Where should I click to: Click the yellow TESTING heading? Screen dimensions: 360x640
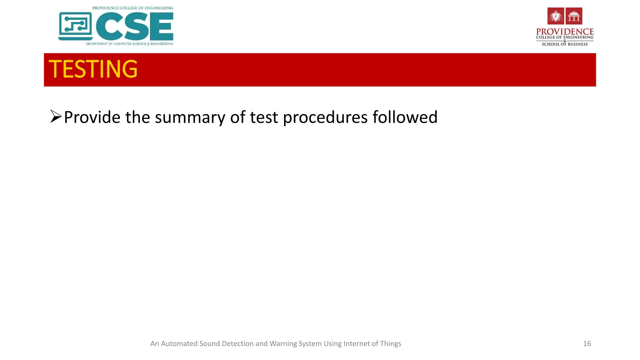pos(93,69)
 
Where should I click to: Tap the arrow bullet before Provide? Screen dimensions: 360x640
pos(56,117)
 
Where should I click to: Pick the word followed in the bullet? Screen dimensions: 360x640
pos(405,117)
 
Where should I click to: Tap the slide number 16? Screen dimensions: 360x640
pos(587,344)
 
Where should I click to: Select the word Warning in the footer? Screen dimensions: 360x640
pos(283,344)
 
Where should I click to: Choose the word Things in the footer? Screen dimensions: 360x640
pos(391,344)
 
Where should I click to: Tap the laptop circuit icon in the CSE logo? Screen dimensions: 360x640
pos(75,26)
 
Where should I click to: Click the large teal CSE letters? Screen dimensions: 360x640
pos(135,27)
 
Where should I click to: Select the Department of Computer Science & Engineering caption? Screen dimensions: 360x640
pos(129,44)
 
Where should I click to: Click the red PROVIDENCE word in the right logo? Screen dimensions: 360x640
pos(565,32)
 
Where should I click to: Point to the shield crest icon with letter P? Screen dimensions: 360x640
pos(556,16)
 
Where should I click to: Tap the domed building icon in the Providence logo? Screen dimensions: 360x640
pos(574,16)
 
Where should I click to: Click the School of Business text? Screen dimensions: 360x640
pos(565,44)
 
